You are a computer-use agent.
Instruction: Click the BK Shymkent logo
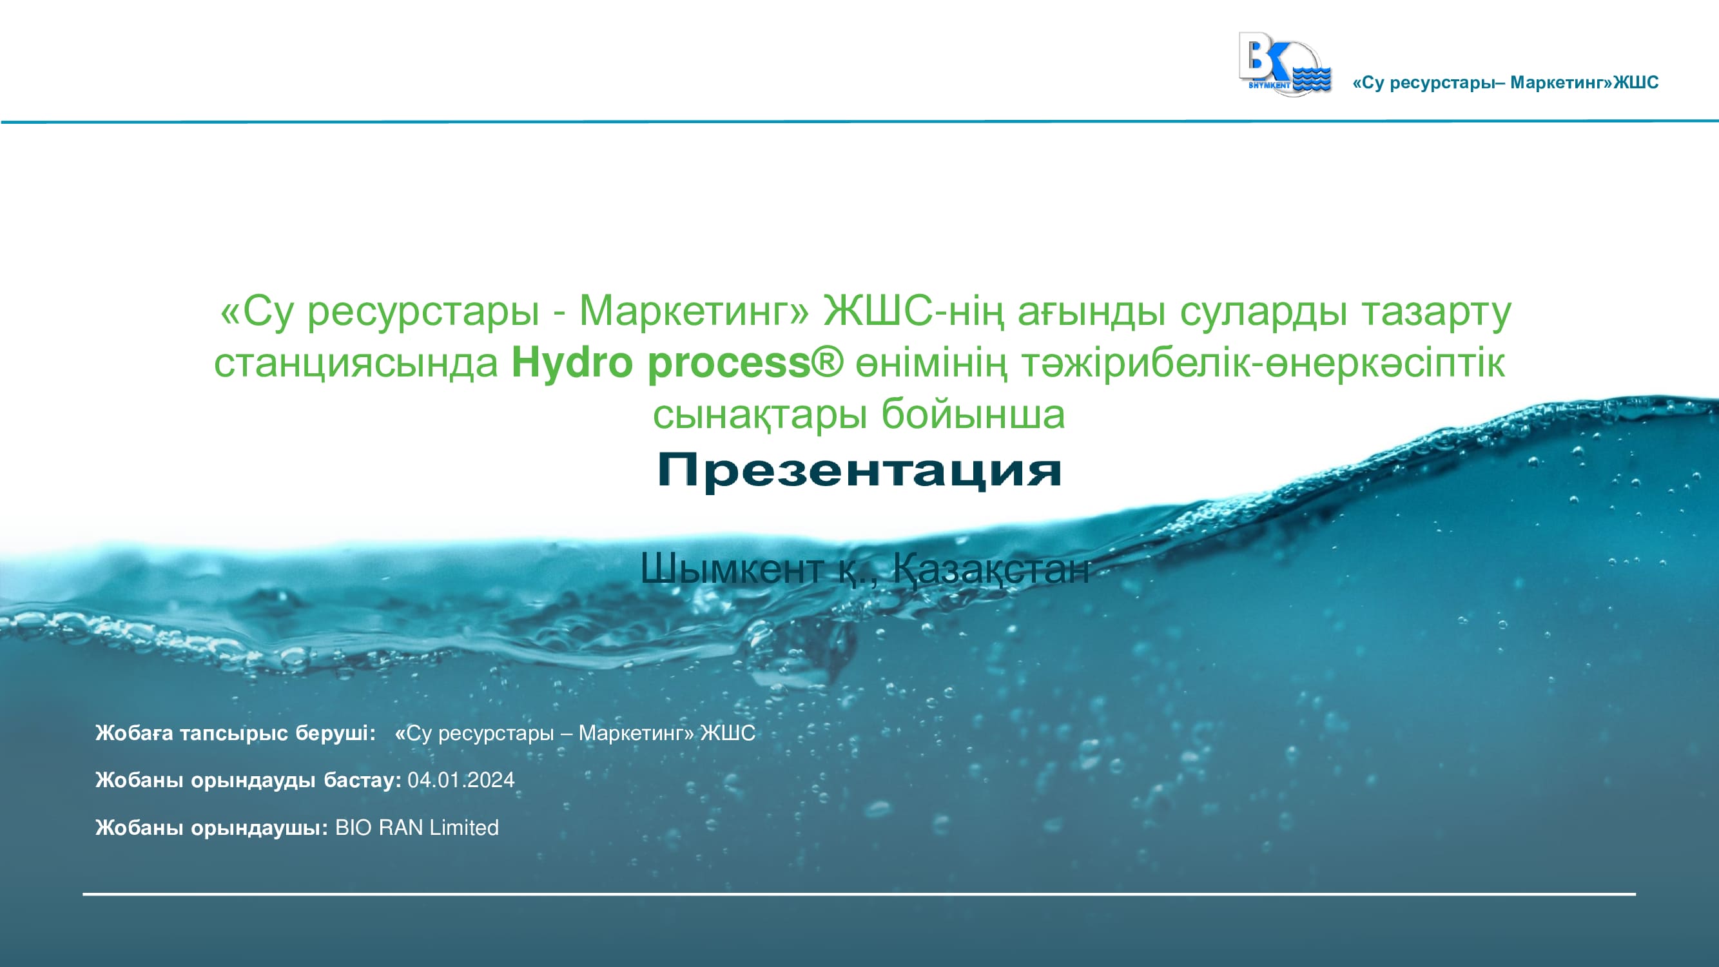1285,64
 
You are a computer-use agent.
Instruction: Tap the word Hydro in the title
570,364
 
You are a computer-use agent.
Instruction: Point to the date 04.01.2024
461,779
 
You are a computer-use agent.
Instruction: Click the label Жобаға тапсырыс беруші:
235,733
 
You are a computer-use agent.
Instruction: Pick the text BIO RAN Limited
417,828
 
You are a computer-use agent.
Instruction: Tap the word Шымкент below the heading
731,569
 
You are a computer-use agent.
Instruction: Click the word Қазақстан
990,570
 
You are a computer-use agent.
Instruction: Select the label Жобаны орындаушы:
211,828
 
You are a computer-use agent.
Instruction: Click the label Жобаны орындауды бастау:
248,779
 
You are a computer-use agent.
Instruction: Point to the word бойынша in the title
973,415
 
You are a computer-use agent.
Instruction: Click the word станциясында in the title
356,364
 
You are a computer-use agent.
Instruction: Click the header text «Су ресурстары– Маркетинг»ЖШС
1506,83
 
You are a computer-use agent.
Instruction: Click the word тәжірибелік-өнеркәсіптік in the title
1263,364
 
